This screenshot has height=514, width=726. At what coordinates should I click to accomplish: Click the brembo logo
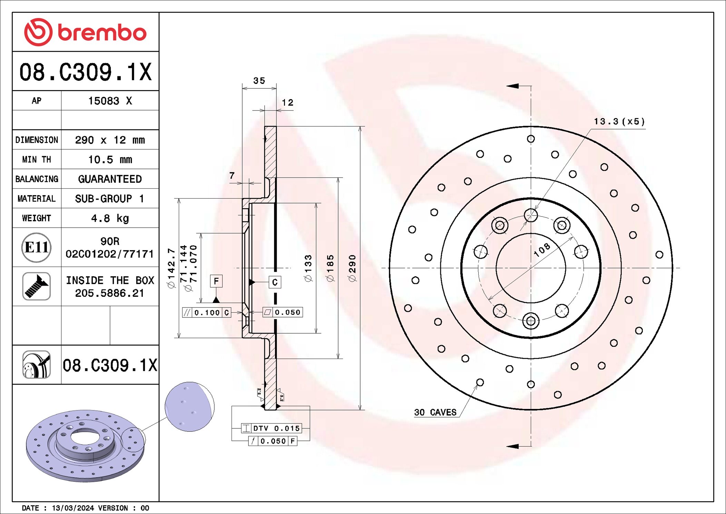(85, 32)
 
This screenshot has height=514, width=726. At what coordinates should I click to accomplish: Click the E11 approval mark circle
(36, 247)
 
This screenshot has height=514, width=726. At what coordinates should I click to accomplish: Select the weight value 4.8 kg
(110, 218)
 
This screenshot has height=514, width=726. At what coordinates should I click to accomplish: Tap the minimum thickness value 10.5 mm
(110, 160)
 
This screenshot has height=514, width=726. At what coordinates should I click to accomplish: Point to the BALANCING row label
(37, 179)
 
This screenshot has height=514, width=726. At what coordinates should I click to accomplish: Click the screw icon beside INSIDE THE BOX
(36, 286)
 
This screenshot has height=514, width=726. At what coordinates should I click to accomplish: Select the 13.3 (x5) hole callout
(619, 122)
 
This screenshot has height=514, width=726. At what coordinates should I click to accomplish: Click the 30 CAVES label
(435, 412)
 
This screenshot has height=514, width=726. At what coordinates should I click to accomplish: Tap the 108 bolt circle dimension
(542, 250)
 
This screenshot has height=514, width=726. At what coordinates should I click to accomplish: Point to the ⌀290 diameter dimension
(352, 268)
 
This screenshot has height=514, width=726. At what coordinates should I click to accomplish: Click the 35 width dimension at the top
(259, 81)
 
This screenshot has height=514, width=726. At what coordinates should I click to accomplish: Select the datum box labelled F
(216, 281)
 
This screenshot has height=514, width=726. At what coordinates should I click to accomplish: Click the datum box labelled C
(275, 282)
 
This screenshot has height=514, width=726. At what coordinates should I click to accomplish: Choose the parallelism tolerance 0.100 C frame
(207, 313)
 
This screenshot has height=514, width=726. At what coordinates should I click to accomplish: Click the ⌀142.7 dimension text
(171, 268)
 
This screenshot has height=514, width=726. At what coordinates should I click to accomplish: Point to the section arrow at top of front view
(513, 86)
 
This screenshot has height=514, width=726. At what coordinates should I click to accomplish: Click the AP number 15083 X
(110, 101)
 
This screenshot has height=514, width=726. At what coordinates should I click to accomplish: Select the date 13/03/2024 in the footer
(73, 508)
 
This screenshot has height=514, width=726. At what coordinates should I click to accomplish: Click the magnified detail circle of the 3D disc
(189, 406)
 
